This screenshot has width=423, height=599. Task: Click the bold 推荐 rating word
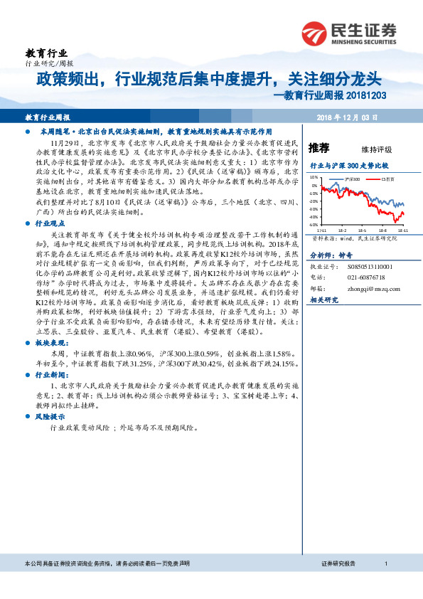coord(318,148)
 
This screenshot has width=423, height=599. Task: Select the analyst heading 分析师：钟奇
coord(331,255)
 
